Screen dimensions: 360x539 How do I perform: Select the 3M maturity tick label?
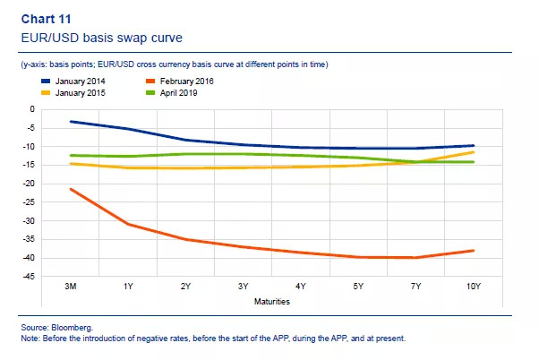(x=71, y=287)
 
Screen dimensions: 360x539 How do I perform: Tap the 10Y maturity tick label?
(x=472, y=287)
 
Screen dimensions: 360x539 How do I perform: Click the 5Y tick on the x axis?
(x=357, y=287)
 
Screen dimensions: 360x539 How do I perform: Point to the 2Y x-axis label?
(x=185, y=287)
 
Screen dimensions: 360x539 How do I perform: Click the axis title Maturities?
(x=271, y=302)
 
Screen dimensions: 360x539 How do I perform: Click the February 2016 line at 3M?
(x=71, y=189)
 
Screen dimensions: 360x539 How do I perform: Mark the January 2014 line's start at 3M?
(x=71, y=121)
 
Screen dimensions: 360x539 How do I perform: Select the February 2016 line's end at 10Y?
(x=473, y=251)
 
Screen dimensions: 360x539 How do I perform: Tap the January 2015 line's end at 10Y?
(x=473, y=152)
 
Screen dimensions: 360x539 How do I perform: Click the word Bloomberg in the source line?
(x=75, y=330)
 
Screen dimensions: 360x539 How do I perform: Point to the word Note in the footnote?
(x=30, y=339)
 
